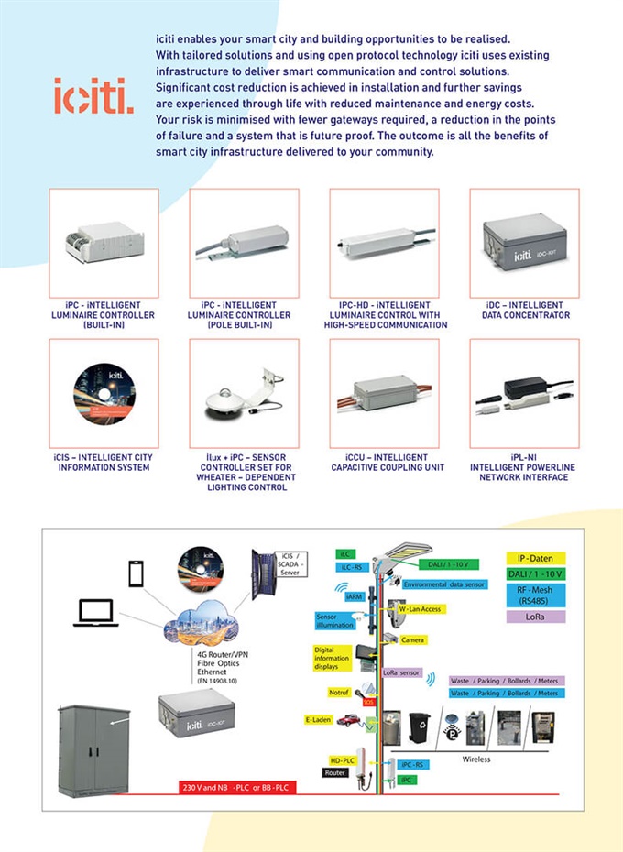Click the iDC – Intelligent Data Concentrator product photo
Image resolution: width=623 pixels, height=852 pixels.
[523, 243]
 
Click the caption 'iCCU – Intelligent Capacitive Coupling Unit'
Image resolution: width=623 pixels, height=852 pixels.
[383, 463]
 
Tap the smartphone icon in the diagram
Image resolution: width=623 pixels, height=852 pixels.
[137, 575]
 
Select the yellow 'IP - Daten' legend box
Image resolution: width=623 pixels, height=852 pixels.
[536, 558]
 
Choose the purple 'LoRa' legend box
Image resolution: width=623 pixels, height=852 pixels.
[536, 617]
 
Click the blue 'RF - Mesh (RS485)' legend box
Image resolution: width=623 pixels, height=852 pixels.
[536, 595]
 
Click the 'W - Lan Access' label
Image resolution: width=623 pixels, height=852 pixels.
[418, 608]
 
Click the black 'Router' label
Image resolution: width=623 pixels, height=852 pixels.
[336, 773]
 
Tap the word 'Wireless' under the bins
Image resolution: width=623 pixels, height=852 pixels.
[475, 759]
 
